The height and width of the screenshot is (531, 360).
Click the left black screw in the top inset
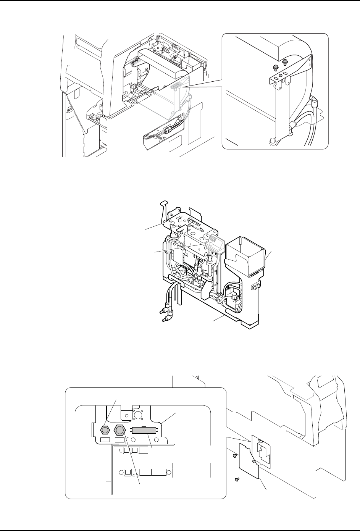[x=276, y=67]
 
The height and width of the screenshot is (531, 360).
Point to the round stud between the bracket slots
[x=281, y=76]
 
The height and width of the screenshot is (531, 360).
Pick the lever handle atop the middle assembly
[x=165, y=208]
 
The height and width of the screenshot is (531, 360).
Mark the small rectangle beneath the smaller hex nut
[x=104, y=440]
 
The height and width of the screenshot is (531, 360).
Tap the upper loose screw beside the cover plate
[x=235, y=455]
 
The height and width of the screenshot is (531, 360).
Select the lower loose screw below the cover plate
[x=237, y=478]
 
